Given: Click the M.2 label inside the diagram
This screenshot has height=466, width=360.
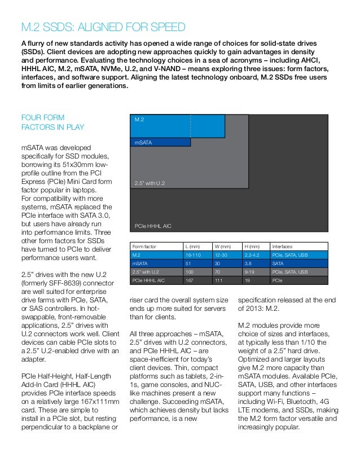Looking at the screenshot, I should [139, 120].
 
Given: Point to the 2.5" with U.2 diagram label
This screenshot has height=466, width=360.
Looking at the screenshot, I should [150, 183].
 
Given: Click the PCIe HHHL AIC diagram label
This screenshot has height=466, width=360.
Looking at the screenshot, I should [152, 226].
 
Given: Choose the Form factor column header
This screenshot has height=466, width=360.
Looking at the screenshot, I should [144, 247].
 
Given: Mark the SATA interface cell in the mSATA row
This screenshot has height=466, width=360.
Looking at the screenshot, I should [278, 263].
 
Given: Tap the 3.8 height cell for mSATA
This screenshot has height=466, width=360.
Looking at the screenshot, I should [248, 263].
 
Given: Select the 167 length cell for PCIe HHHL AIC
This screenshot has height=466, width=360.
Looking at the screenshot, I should [191, 280].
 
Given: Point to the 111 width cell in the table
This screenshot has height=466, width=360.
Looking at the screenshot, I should [219, 280].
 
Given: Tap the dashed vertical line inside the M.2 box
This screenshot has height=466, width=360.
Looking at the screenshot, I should [190, 125].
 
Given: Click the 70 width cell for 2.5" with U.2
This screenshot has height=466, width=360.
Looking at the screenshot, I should [218, 272].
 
